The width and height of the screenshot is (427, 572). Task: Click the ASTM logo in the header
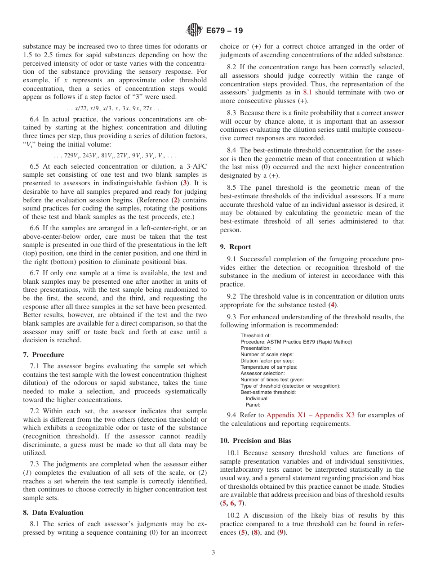tap(194, 31)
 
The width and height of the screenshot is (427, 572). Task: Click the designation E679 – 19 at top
tap(224, 31)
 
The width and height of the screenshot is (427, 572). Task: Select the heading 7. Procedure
tap(44, 355)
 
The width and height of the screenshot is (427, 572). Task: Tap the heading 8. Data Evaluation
tap(53, 512)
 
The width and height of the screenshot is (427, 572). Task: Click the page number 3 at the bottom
tap(213, 552)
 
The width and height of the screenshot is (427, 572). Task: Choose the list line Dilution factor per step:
tap(267, 361)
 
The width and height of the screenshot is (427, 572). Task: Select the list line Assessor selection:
tap(262, 373)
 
